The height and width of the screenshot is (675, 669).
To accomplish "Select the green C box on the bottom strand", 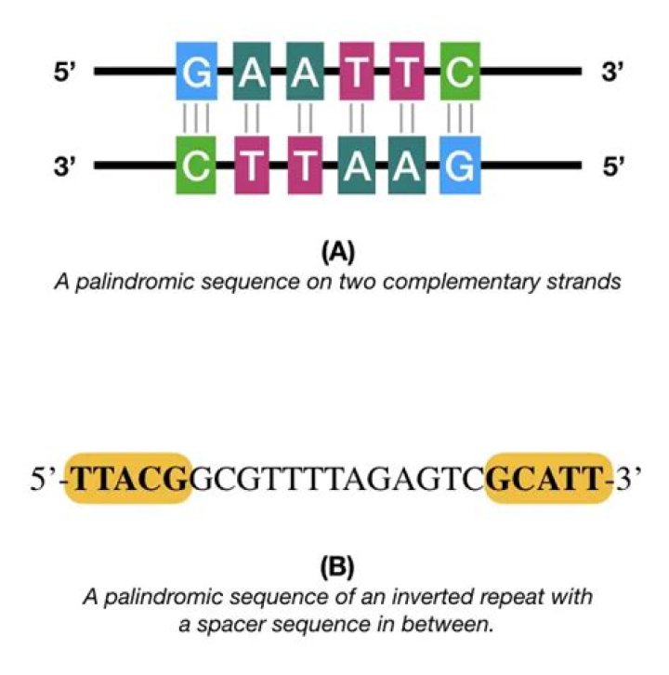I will click(196, 166).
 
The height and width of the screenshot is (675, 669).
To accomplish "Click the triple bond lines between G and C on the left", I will click(196, 118).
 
